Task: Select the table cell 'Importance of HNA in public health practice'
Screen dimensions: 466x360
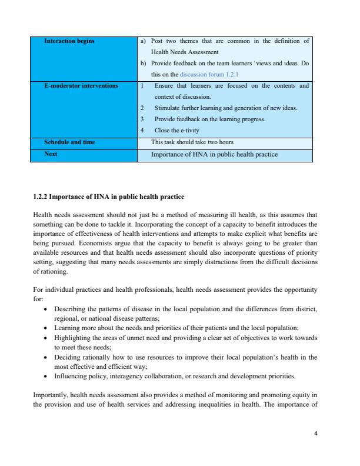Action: (214, 155)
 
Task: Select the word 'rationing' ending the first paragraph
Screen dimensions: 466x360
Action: (53, 273)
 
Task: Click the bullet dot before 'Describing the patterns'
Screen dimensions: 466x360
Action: (46, 309)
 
